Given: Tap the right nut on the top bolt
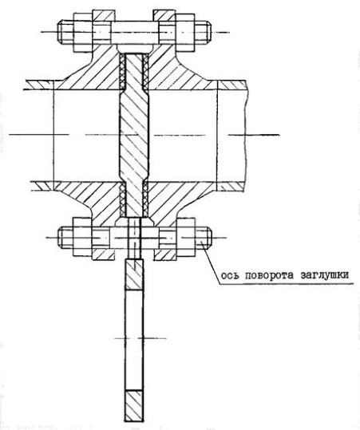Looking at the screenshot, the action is pyautogui.click(x=185, y=33).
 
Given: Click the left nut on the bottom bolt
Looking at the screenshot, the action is pyautogui.click(x=82, y=237).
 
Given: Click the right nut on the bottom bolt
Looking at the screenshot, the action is pyautogui.click(x=186, y=237).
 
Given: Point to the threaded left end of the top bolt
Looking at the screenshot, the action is pyautogui.click(x=65, y=33).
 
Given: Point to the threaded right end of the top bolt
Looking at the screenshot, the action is pyautogui.click(x=204, y=33).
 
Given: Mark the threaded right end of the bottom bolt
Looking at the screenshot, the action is pyautogui.click(x=204, y=238).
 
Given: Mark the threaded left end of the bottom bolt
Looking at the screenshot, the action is pyautogui.click(x=65, y=238).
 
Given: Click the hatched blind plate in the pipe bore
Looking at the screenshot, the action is pyautogui.click(x=134, y=135).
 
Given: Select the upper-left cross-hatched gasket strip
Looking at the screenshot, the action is pyautogui.click(x=123, y=72).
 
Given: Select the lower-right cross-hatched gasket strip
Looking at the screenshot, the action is pyautogui.click(x=146, y=199).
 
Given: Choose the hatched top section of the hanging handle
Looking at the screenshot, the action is pyautogui.click(x=134, y=274).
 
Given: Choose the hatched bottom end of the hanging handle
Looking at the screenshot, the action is pyautogui.click(x=134, y=406).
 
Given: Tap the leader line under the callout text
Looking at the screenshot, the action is pyautogui.click(x=287, y=284).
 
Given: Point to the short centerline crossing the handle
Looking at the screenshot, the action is pyautogui.click(x=140, y=338).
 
